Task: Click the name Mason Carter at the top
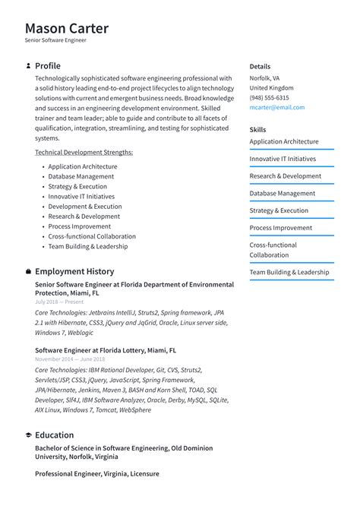click(67, 29)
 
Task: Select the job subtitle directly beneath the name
click(55, 41)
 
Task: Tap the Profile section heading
click(48, 66)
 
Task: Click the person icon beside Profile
click(28, 66)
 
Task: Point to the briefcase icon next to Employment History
click(28, 271)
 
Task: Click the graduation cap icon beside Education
click(28, 435)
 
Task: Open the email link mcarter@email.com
click(276, 107)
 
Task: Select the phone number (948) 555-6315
click(269, 97)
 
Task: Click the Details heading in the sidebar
click(260, 67)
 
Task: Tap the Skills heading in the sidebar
click(257, 130)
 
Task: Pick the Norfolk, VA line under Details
click(264, 78)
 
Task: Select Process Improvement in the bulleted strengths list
click(79, 226)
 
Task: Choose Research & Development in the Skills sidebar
click(285, 176)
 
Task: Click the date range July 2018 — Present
click(59, 302)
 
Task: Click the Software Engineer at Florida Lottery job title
click(106, 351)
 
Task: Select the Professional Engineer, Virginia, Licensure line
click(97, 474)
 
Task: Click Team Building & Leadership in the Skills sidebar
click(289, 272)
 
